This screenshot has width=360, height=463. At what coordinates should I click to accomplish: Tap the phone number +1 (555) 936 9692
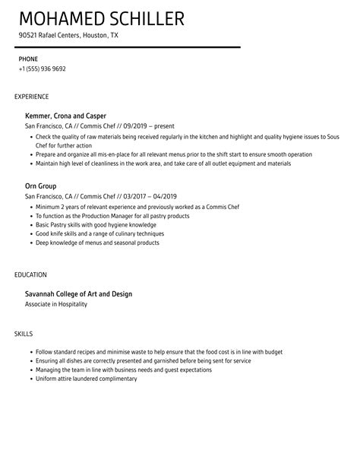tap(42, 68)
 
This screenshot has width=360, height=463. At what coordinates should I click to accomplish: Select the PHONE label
tap(28, 58)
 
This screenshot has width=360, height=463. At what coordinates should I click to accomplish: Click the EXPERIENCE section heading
tap(32, 97)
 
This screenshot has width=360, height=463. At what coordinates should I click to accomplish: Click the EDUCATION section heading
tap(30, 274)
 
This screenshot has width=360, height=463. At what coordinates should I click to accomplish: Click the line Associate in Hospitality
tap(56, 304)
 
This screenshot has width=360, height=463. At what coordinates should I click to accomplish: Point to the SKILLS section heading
tap(24, 312)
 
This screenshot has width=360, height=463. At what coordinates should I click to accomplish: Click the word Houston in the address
tap(93, 35)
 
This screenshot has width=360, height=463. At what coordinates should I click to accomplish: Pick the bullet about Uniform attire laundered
tap(86, 357)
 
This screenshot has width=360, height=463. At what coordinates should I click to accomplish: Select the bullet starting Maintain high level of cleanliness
tap(163, 163)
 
